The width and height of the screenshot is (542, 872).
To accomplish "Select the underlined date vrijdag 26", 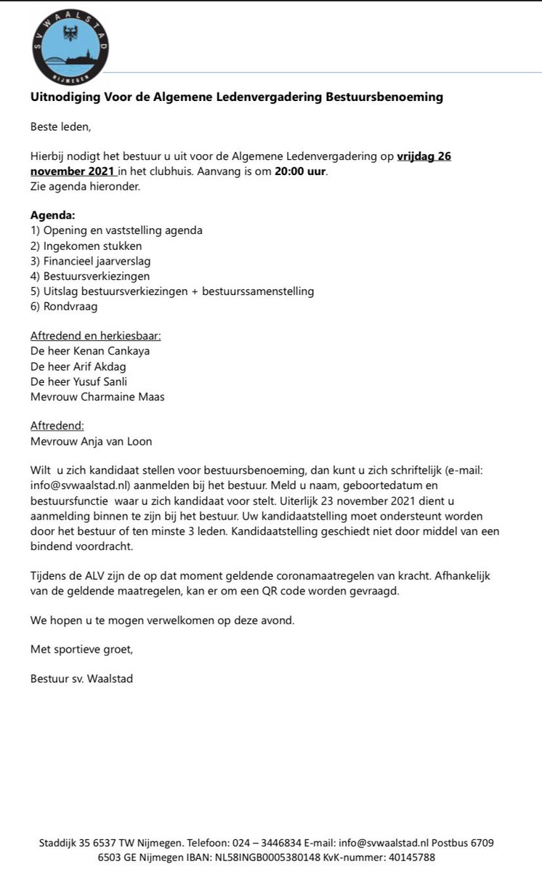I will (424, 157).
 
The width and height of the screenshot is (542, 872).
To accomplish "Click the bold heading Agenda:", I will (53, 215).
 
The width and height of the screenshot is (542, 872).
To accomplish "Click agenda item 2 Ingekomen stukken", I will (86, 246).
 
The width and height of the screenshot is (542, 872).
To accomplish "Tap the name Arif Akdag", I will (105, 366).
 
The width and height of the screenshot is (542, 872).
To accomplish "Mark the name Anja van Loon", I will (116, 442).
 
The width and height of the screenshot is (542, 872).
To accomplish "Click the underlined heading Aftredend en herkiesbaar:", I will (95, 336).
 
